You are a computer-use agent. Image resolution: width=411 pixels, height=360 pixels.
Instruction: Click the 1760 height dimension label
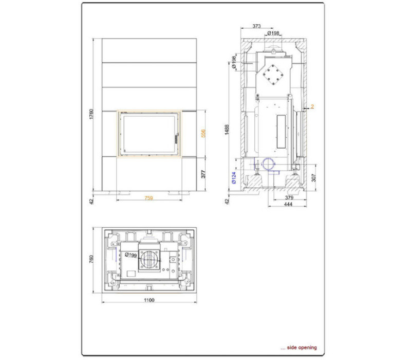click(x=91, y=114)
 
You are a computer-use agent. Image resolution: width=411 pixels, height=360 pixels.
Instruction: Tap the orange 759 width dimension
click(x=148, y=198)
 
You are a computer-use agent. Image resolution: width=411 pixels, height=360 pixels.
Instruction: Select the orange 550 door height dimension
click(x=203, y=133)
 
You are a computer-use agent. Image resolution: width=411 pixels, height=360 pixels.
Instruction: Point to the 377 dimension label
click(x=203, y=174)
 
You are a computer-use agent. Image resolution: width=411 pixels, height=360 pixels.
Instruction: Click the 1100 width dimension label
click(x=149, y=300)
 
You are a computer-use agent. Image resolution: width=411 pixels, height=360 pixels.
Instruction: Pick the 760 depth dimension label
click(x=91, y=259)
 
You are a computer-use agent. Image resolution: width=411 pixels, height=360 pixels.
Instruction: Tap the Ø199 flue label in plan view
click(x=131, y=255)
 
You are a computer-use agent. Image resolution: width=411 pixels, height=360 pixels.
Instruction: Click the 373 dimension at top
click(x=256, y=26)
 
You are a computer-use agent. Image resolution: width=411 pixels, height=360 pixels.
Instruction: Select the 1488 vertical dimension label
click(x=227, y=130)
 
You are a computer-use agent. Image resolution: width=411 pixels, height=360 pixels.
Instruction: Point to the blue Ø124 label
click(x=234, y=177)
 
